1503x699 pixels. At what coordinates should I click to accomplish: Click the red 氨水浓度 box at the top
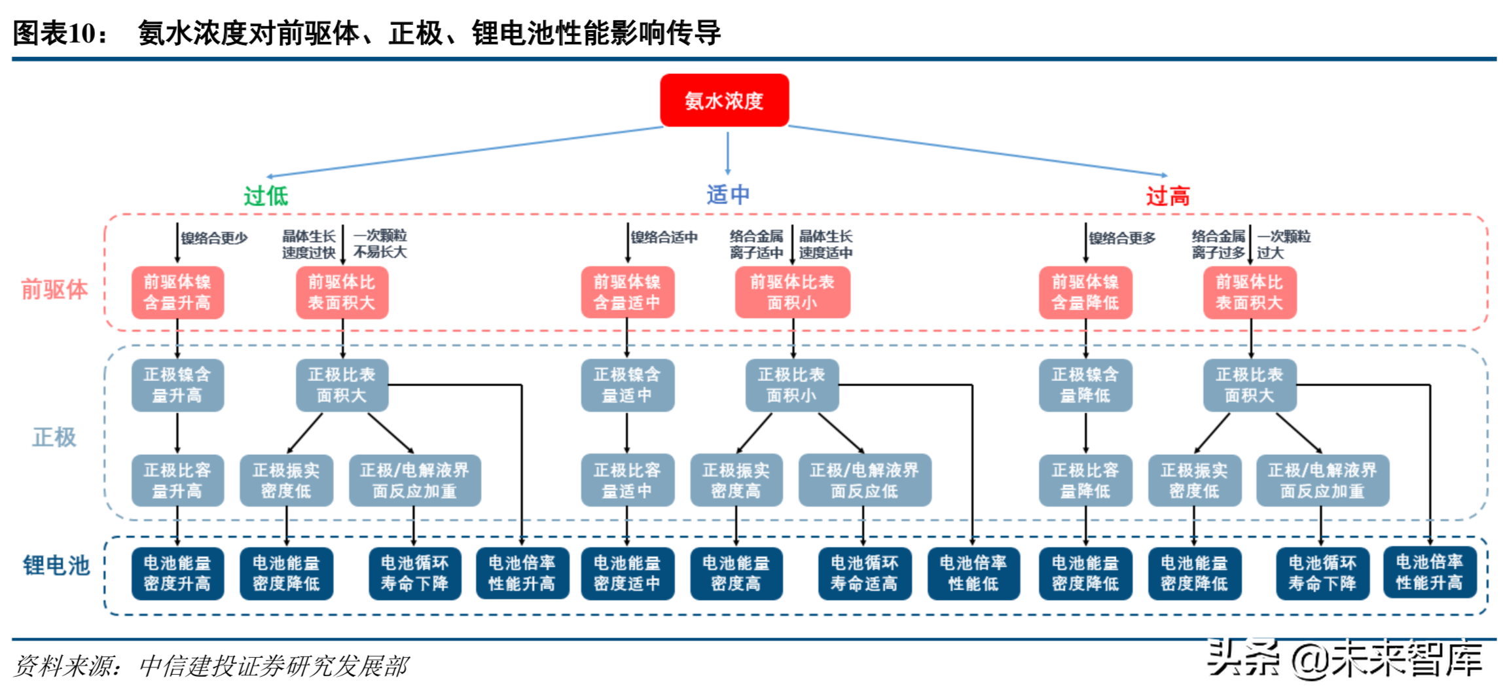[724, 100]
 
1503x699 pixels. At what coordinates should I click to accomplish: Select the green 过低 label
[266, 196]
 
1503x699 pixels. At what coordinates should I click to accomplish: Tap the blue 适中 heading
[728, 194]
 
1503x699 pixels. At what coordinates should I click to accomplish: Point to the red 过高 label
[1167, 196]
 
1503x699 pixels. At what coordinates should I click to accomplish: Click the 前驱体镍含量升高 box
[177, 293]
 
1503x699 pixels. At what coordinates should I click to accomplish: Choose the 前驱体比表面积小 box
[792, 293]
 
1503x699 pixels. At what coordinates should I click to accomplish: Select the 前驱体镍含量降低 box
[1085, 293]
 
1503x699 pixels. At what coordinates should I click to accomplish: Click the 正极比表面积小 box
[792, 385]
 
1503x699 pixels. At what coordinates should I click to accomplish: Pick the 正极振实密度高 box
[736, 480]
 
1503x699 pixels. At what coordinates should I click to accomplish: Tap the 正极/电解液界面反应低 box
[864, 480]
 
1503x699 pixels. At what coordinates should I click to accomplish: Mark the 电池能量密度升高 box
[177, 573]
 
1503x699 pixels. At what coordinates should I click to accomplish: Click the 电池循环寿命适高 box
[864, 573]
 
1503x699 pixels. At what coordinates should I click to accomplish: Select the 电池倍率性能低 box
[973, 573]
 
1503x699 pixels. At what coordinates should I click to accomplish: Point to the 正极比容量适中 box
[627, 480]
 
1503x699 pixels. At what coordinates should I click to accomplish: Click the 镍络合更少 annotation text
[214, 238]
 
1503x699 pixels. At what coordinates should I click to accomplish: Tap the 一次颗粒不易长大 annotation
[380, 243]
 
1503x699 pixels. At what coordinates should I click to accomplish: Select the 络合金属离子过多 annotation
[1218, 244]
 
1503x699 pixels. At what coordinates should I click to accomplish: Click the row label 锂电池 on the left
[56, 565]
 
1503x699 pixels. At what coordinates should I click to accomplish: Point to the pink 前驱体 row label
[54, 289]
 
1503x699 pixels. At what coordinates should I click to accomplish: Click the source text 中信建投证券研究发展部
[274, 666]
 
